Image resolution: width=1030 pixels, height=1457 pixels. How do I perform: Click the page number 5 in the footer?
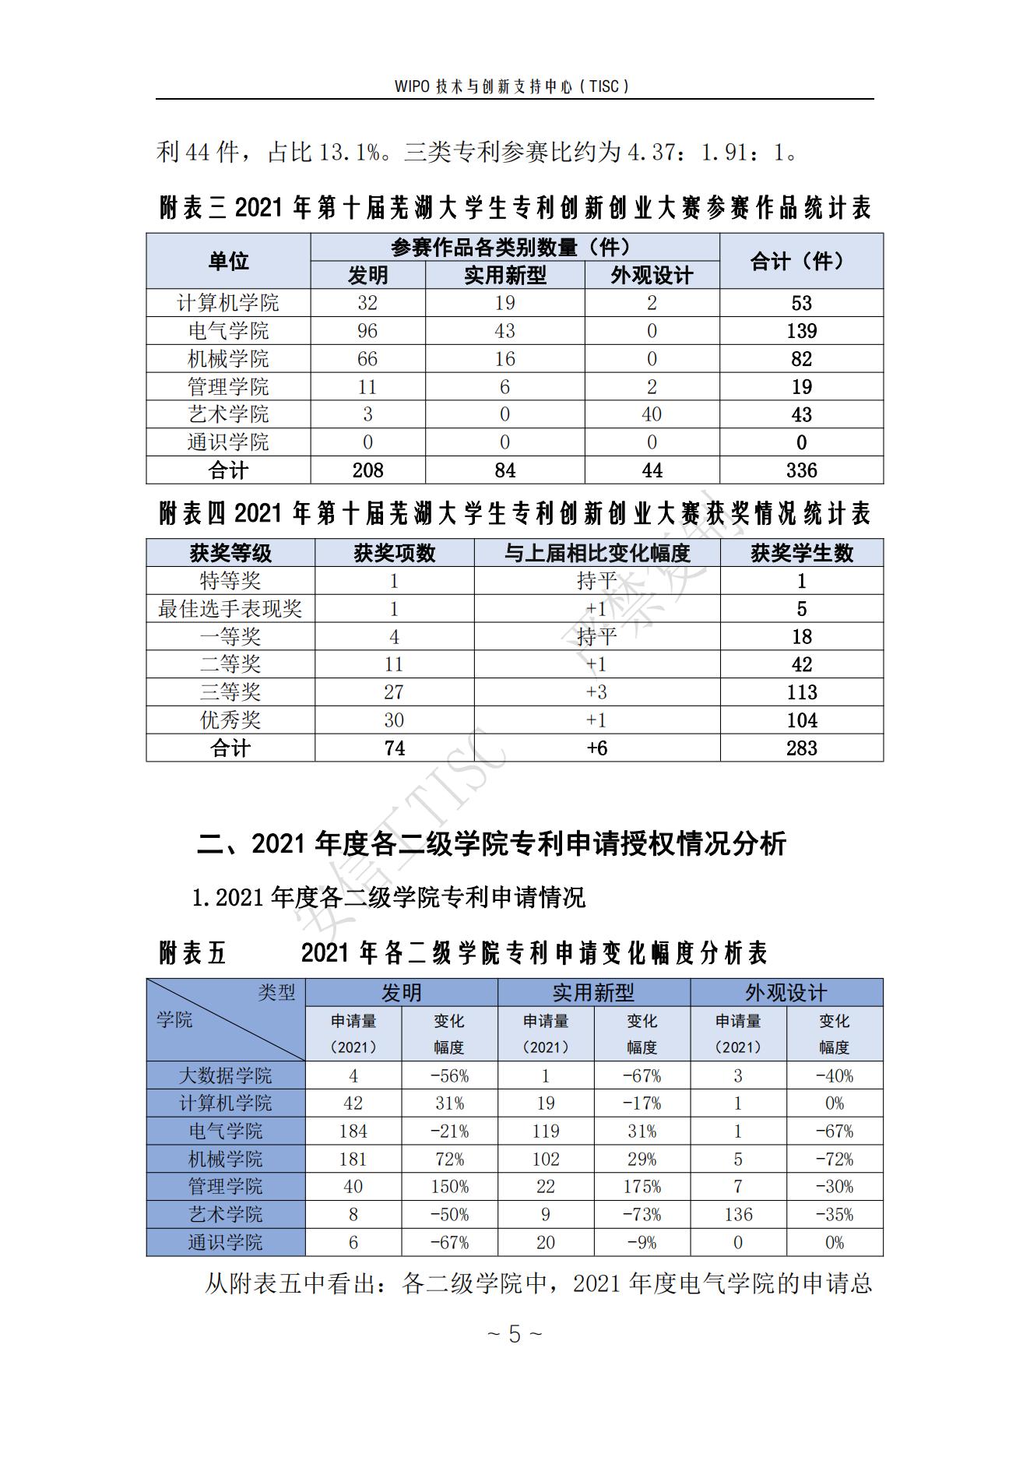point(514,1334)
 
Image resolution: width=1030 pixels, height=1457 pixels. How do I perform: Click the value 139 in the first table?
point(801,331)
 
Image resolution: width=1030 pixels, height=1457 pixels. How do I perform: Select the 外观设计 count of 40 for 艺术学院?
point(652,414)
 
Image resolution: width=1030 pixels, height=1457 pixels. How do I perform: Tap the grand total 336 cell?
point(801,470)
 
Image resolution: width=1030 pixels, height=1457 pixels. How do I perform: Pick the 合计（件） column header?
point(801,261)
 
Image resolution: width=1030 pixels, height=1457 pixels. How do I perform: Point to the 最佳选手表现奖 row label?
point(230,609)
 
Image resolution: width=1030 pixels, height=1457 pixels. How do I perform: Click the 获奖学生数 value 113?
point(801,692)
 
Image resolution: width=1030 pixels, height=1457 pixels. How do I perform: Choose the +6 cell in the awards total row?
point(596,748)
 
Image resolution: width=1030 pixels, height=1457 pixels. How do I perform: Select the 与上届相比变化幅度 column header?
point(596,554)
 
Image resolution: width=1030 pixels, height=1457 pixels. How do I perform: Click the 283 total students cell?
point(801,748)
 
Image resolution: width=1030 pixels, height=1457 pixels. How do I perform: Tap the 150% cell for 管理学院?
point(449,1187)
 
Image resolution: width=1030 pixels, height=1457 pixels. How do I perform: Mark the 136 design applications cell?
point(737,1215)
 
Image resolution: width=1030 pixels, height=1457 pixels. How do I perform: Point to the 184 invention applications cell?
point(353,1131)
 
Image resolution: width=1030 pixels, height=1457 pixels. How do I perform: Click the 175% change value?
point(642,1187)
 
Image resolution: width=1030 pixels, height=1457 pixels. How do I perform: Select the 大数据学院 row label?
point(225,1076)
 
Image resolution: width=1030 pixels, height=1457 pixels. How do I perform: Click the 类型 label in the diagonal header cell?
point(276,993)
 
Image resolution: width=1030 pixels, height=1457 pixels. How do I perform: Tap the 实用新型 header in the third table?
point(593,993)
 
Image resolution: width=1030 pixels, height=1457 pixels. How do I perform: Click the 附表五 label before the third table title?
point(192,953)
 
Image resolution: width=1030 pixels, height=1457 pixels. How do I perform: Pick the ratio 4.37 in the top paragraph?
point(652,152)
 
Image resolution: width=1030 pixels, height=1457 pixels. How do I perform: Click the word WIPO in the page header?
point(412,86)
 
